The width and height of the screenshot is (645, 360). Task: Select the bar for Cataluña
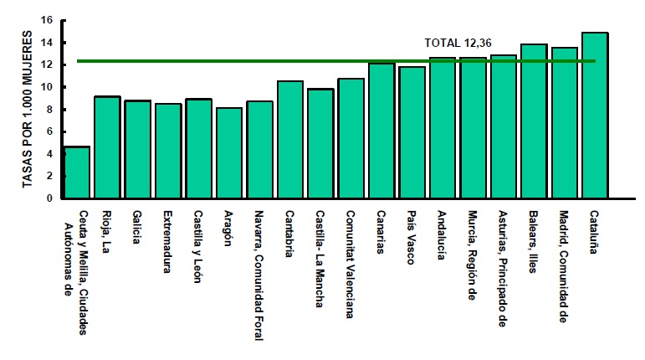(595, 116)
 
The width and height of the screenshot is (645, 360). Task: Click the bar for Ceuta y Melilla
(77, 172)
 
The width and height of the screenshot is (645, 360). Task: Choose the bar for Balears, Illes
(534, 121)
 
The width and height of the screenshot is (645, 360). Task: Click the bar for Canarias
(381, 131)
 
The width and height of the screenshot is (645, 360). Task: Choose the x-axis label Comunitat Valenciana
(349, 263)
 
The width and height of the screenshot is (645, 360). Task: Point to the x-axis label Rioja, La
(106, 229)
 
